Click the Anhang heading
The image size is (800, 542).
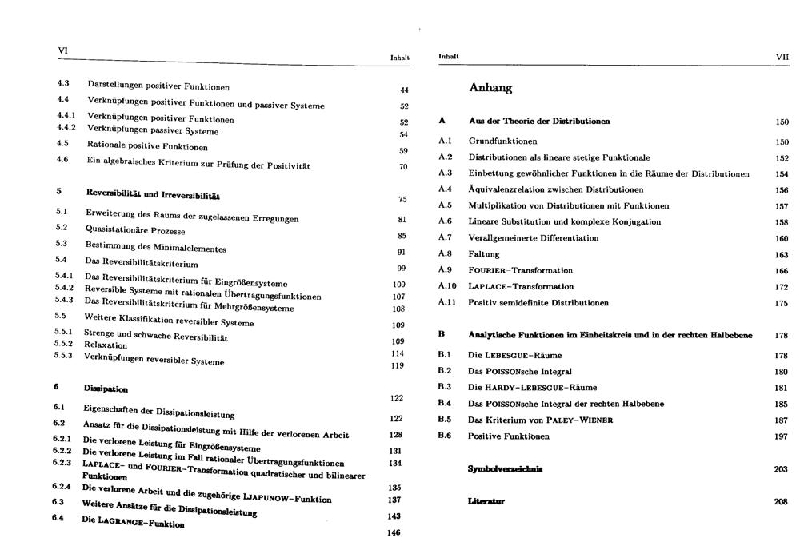click(x=490, y=88)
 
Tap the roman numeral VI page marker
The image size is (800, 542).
click(x=62, y=50)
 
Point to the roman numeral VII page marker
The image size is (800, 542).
click(x=782, y=57)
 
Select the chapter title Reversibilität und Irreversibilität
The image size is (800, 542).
click(x=153, y=194)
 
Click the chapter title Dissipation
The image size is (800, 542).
click(x=106, y=389)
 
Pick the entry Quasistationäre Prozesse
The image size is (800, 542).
click(x=135, y=230)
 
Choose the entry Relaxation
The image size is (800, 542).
click(x=106, y=345)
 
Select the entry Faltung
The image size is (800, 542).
click(x=484, y=254)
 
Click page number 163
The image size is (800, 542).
click(x=782, y=255)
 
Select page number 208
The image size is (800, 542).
click(x=782, y=502)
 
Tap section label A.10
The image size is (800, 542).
click(x=447, y=286)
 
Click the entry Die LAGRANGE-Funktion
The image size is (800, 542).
click(x=133, y=521)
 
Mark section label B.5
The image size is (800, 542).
click(x=445, y=420)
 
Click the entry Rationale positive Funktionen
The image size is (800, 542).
click(x=147, y=147)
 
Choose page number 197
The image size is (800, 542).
click(x=782, y=436)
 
